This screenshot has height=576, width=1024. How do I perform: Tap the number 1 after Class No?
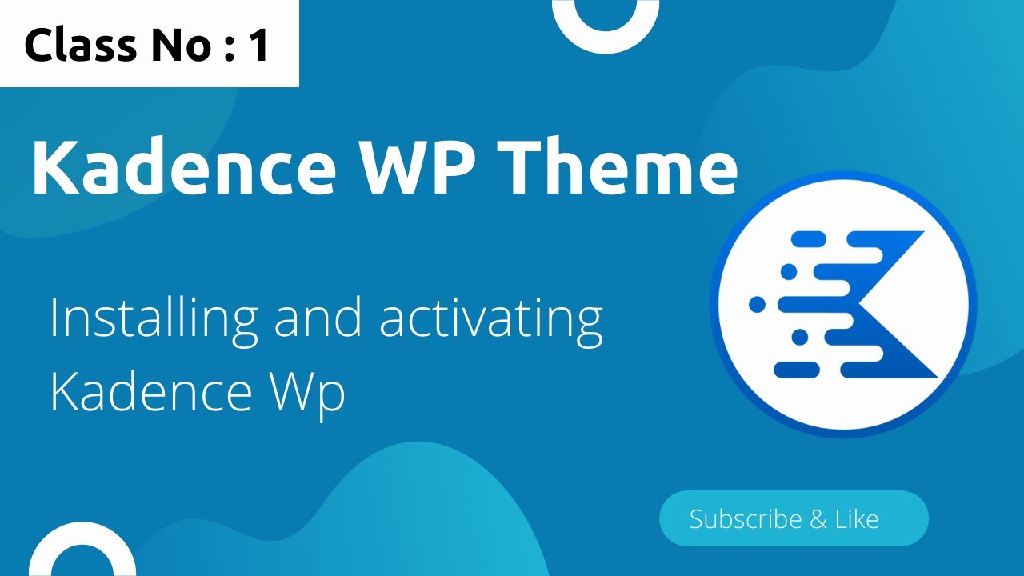pos(258,46)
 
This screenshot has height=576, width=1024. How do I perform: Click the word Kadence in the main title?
pos(182,168)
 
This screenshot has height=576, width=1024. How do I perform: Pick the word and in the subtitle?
pos(318,317)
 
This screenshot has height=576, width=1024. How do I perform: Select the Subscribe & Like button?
pos(793,518)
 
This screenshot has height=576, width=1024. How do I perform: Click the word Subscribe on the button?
pos(746,519)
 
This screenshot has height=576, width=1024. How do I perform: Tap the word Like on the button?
pos(856,519)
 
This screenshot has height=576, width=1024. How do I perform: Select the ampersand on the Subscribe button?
pos(818,519)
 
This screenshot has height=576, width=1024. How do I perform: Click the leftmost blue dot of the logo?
pos(757,304)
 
